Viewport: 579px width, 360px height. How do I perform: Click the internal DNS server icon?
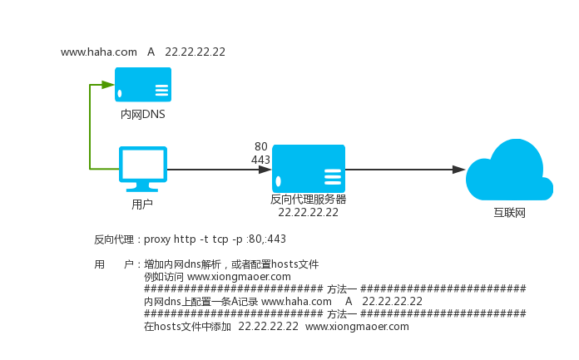point(143,85)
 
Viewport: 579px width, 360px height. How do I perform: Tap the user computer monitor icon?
point(143,167)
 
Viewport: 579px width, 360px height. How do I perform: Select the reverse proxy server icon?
point(309,169)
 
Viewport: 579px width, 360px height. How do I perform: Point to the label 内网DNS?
point(143,114)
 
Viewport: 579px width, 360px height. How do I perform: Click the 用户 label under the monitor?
point(142,204)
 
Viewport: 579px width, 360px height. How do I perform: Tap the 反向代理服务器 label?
point(309,200)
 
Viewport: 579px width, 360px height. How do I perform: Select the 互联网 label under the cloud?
point(509,214)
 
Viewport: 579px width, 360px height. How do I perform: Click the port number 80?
point(261,146)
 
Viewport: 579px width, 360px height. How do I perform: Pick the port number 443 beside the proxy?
point(260,160)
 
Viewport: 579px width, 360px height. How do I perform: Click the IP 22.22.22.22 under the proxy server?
point(309,212)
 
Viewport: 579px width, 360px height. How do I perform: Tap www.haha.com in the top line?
point(99,52)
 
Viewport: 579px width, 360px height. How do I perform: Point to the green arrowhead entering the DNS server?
point(108,85)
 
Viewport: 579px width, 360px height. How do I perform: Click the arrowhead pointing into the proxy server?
point(265,170)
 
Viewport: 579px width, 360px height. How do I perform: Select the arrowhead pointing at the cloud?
point(458,170)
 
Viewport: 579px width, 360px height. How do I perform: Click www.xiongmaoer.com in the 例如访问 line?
point(239,276)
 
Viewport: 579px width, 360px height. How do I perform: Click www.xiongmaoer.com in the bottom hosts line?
point(358,327)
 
